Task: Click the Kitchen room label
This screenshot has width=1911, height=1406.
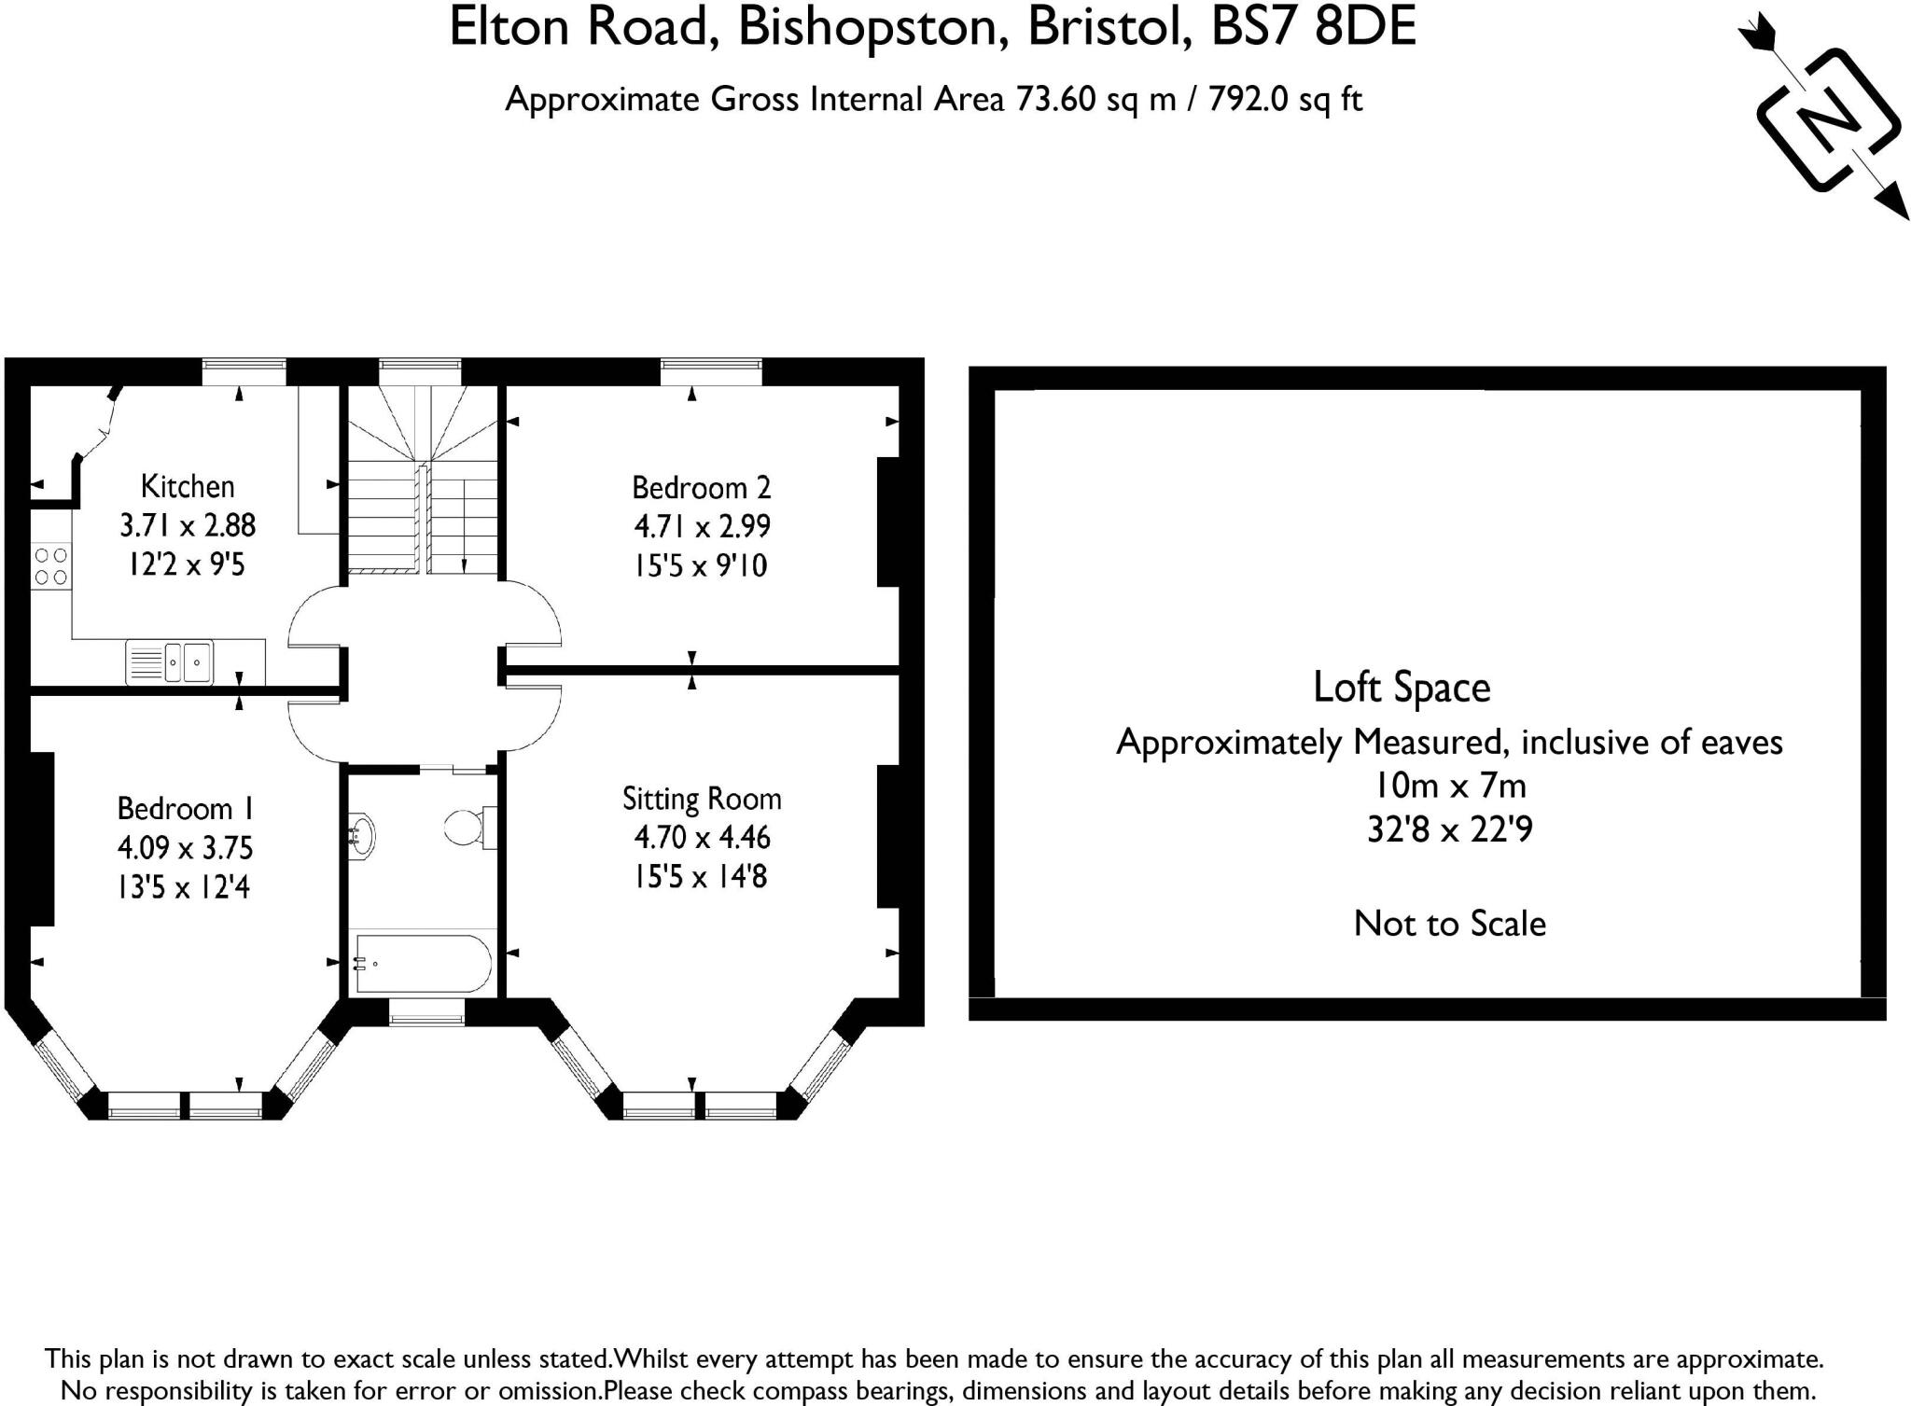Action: coord(187,486)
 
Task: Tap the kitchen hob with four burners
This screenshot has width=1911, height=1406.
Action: coord(50,566)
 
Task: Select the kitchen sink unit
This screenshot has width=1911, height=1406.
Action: coord(169,662)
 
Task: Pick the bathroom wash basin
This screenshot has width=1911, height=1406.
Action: coord(361,834)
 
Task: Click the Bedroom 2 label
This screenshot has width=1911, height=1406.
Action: coord(701,487)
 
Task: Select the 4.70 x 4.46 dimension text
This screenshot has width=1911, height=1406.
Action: coord(702,837)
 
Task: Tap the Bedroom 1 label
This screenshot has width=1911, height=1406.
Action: coord(186,808)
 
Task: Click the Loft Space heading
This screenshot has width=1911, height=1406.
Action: coord(1401,688)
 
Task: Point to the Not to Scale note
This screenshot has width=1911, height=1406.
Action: coord(1449,924)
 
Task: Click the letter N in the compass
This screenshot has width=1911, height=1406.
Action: coord(1827,121)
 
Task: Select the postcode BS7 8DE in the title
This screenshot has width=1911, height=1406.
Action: coord(1313,27)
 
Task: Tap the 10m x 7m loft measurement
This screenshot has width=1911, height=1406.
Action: coord(1449,786)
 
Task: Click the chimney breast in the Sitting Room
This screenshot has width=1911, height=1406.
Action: coord(887,836)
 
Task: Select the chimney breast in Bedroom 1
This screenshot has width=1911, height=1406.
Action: coord(41,839)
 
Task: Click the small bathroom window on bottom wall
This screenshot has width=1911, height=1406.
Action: coord(426,1012)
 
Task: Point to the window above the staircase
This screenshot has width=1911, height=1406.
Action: coord(420,371)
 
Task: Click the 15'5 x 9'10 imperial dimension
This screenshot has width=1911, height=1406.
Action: coord(701,565)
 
